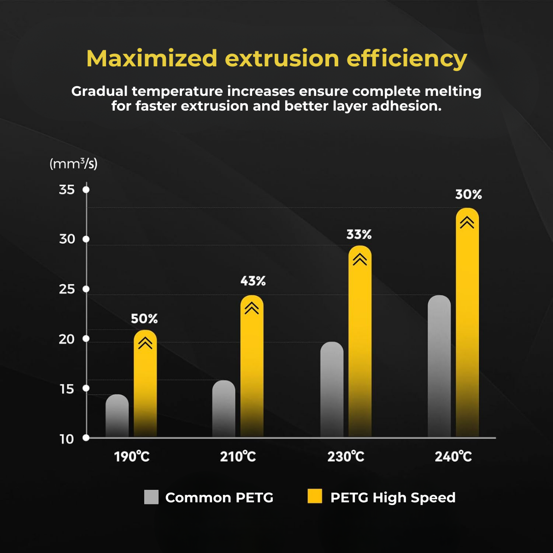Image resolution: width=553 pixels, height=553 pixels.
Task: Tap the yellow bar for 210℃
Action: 252,369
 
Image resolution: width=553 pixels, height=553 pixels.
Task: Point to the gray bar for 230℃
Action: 332,390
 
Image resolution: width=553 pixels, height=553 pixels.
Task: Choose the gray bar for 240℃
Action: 439,366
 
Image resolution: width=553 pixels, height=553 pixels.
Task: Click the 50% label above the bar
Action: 144,318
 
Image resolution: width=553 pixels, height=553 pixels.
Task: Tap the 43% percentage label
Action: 253,281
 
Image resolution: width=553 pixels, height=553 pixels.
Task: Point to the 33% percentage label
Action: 359,235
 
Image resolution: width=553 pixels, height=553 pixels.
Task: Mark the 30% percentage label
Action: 469,194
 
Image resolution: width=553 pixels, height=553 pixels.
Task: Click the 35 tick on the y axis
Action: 67,189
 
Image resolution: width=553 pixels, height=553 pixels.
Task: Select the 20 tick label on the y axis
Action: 67,339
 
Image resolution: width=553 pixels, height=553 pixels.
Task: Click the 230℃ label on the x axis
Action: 346,457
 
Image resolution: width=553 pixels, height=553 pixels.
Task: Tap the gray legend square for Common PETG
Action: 151,497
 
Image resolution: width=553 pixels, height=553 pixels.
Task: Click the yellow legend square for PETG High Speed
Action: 315,497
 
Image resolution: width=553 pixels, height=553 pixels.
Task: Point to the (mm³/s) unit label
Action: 74,164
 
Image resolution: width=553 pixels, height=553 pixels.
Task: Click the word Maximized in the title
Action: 152,59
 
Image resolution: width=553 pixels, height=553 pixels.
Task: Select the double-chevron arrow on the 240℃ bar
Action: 467,223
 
